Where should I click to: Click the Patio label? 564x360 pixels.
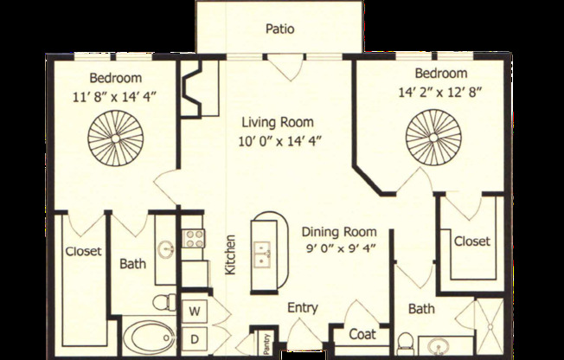pos(279,29)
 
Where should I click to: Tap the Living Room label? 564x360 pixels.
pos(277,122)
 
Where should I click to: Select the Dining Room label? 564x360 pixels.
pos(339,231)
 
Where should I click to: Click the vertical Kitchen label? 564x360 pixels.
pos(230,255)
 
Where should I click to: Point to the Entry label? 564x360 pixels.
pos(303,307)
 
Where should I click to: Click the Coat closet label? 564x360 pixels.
pos(362,334)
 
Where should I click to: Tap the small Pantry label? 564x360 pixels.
pos(257,343)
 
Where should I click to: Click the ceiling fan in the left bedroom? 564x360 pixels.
pos(108,138)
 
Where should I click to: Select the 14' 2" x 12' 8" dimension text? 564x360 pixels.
pos(440,90)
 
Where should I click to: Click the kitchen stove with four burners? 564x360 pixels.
pos(193,237)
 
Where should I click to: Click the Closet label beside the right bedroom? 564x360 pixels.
pos(471,241)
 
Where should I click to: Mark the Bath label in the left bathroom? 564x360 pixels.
pos(132,264)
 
